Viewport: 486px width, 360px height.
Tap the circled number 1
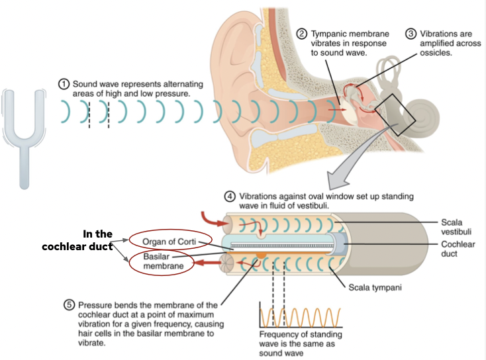click(x=64, y=85)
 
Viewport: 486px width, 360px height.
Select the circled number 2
click(x=301, y=33)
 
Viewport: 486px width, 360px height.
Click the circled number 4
click(x=230, y=197)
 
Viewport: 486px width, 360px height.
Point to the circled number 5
click(x=69, y=305)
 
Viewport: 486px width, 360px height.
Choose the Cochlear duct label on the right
click(x=458, y=248)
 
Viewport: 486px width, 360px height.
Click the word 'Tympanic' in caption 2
click(x=328, y=33)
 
